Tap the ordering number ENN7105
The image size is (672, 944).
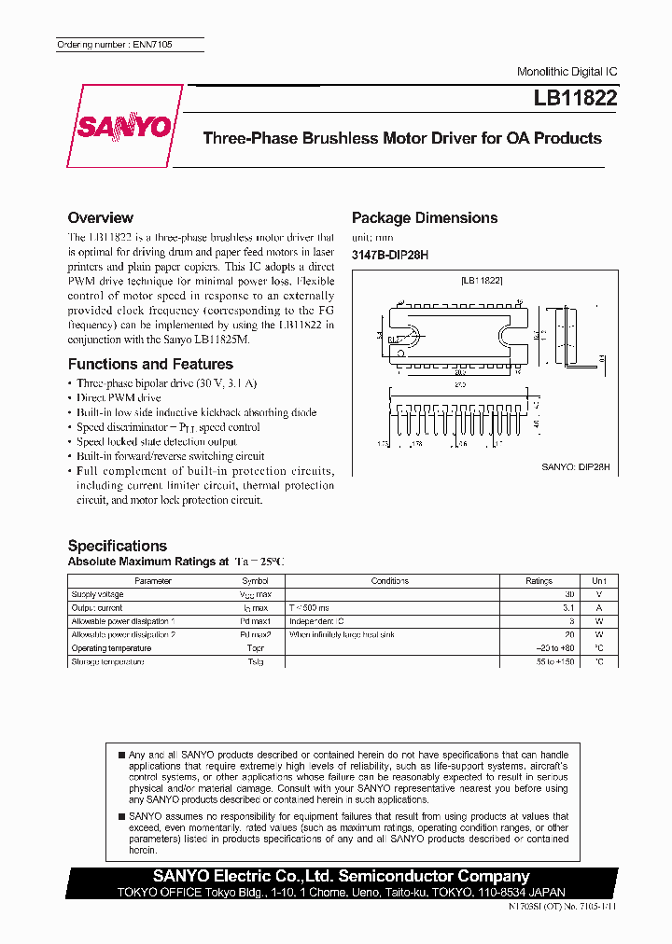click(x=115, y=45)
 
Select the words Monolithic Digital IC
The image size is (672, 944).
click(x=567, y=72)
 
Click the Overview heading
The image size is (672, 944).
click(x=101, y=217)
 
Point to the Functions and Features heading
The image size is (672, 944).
click(x=150, y=364)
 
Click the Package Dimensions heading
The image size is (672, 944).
click(x=425, y=217)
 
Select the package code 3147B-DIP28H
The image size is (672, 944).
click(x=389, y=254)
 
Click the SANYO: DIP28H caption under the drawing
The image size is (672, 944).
click(x=576, y=465)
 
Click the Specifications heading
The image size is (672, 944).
click(x=118, y=546)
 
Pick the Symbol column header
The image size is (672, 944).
click(x=256, y=581)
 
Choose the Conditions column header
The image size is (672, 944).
click(x=389, y=581)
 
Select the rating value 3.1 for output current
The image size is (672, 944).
click(x=569, y=607)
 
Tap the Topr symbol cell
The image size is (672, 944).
click(x=256, y=648)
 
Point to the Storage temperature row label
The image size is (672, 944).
click(x=107, y=661)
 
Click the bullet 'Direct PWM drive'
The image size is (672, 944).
click(x=119, y=397)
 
